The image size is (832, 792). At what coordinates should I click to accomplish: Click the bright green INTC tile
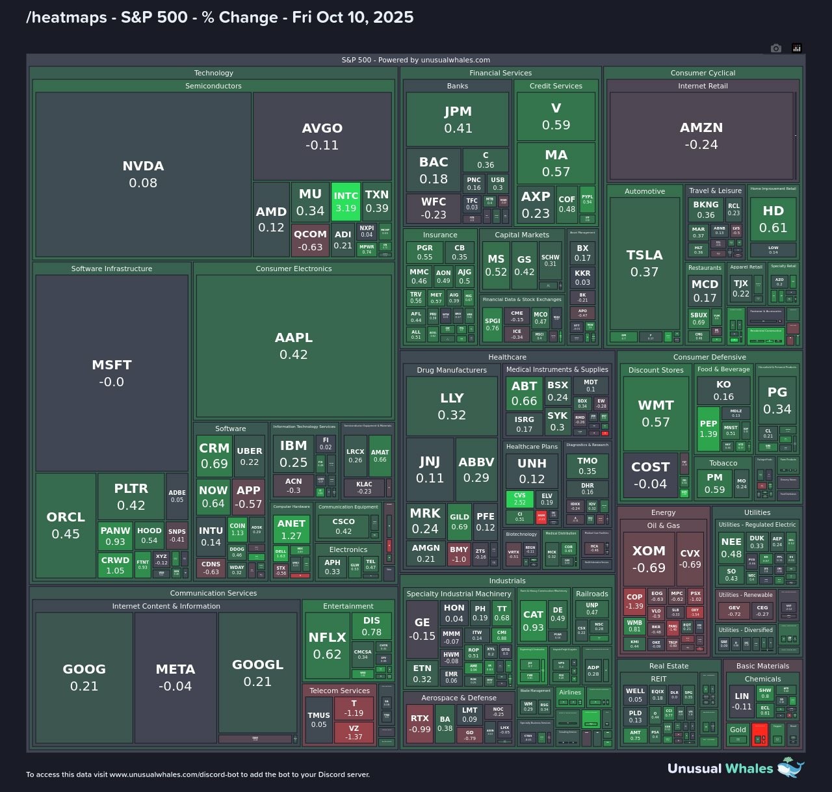click(346, 202)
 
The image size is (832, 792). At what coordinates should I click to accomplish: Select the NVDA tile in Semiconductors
click(143, 174)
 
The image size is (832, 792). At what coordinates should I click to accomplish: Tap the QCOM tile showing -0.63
click(310, 240)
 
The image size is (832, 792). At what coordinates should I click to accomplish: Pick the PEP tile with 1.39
click(708, 429)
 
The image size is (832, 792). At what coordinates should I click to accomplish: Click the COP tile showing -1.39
click(634, 601)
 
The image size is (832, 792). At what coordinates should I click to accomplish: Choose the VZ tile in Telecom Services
click(354, 733)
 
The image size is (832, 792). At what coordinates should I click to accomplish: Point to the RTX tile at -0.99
click(420, 723)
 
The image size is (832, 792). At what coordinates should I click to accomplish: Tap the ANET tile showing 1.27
click(291, 529)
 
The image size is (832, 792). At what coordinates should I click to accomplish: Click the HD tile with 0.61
click(773, 219)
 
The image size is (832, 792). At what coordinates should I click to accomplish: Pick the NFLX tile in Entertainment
click(327, 645)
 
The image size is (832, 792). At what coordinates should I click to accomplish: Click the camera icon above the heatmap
click(775, 48)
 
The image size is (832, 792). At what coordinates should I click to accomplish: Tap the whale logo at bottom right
click(790, 767)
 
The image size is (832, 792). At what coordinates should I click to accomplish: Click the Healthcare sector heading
click(507, 357)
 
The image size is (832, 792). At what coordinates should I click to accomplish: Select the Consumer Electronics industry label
click(294, 269)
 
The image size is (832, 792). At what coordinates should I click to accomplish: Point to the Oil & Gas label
click(663, 525)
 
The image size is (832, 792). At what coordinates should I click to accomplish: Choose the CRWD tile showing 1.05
click(115, 565)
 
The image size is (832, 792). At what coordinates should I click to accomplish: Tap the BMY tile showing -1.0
click(459, 554)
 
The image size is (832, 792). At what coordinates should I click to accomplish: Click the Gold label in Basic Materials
click(738, 730)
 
